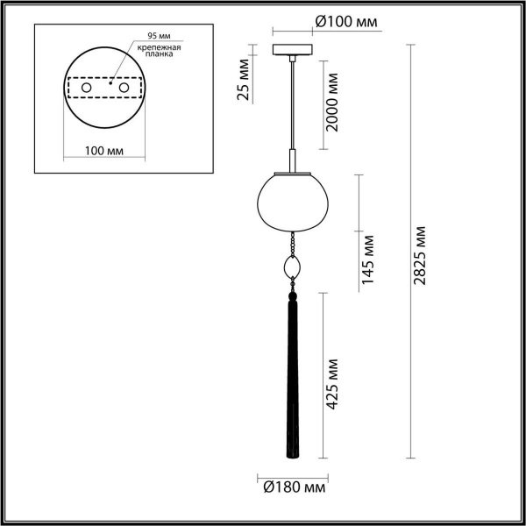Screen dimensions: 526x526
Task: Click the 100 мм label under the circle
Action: point(103,152)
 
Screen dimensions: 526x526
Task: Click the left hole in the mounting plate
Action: point(86,89)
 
